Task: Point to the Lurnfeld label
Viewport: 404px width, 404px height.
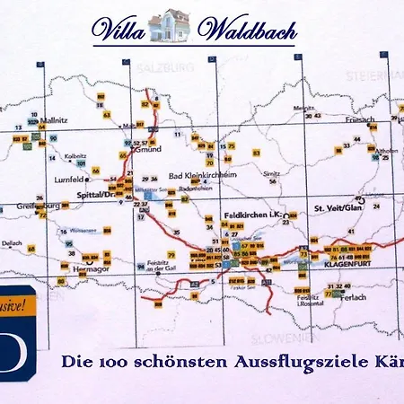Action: (70, 180)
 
